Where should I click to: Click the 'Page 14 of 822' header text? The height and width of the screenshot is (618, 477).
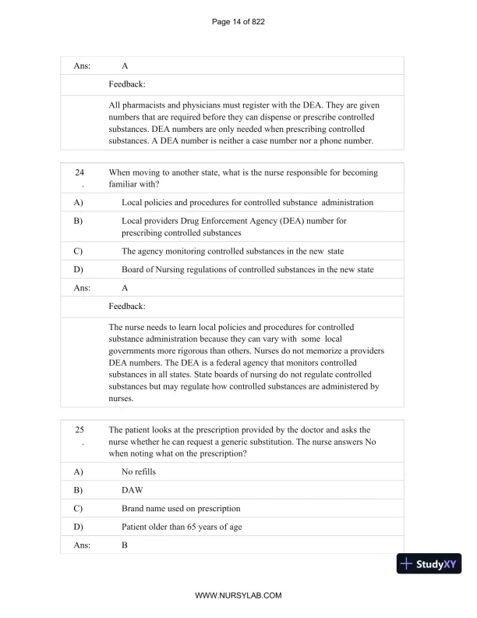238,21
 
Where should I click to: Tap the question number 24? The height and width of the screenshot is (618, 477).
79,172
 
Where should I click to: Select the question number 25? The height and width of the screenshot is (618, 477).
79,429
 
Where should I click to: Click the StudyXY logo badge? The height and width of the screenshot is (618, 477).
429,563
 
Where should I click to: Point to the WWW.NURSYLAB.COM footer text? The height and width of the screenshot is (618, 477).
238,595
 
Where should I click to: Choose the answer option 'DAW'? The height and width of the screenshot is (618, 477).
133,490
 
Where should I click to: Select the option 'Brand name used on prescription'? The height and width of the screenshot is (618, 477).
181,508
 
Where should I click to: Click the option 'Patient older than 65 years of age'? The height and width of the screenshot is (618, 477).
182,527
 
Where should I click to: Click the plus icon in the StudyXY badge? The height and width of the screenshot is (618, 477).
406,563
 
